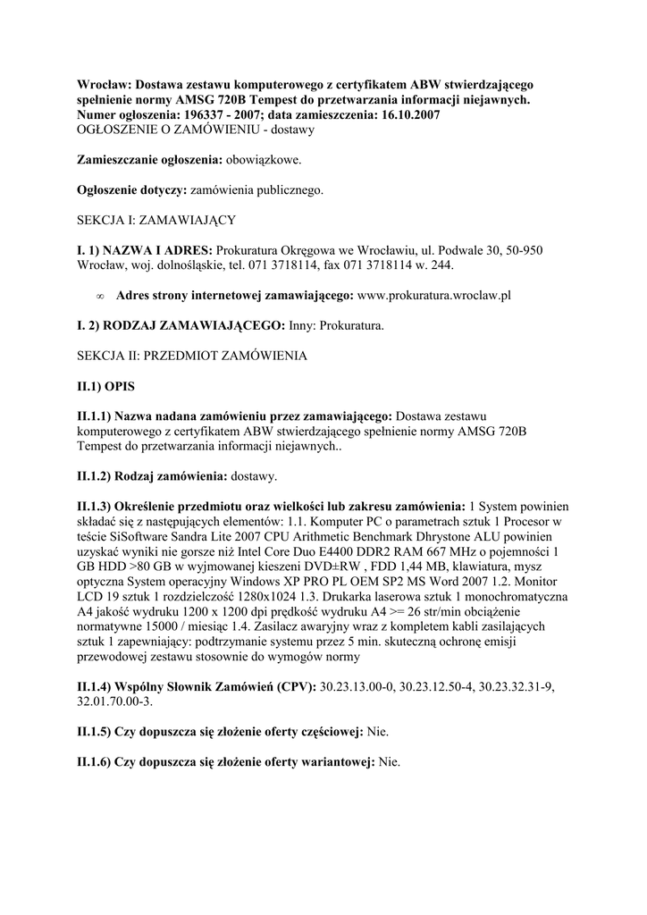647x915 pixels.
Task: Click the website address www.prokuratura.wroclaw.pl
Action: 433,294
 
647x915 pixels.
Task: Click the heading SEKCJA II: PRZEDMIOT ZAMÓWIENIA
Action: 192,356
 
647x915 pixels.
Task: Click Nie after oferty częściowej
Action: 378,732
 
